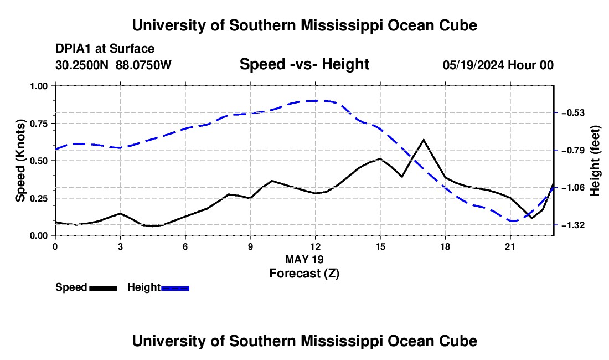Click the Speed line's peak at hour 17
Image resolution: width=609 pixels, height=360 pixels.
(424, 140)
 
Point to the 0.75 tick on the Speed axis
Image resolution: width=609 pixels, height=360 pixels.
(54, 124)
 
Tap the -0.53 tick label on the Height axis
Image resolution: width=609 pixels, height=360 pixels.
(573, 113)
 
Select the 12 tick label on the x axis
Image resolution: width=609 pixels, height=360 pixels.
(315, 246)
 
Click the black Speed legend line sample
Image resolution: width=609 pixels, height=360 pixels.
(104, 289)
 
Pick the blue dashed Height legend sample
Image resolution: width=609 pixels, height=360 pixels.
(175, 289)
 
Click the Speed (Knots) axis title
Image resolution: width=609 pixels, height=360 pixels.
(20, 161)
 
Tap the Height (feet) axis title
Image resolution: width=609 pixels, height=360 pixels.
(595, 161)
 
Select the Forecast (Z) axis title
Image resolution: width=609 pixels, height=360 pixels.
(304, 274)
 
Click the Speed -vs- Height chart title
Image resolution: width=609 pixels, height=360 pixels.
(304, 64)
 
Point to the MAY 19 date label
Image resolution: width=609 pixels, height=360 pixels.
(304, 259)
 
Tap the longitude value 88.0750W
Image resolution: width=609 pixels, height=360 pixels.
(143, 65)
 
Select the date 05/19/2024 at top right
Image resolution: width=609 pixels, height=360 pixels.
(473, 65)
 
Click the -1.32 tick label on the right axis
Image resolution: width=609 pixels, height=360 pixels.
(573, 225)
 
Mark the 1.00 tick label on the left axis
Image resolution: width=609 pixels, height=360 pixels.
(38, 86)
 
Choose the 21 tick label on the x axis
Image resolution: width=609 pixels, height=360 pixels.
(509, 246)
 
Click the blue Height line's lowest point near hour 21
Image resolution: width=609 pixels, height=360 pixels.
(513, 221)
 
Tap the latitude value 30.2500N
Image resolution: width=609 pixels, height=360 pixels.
(81, 65)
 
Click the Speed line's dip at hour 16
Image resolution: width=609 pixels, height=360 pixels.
(402, 176)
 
